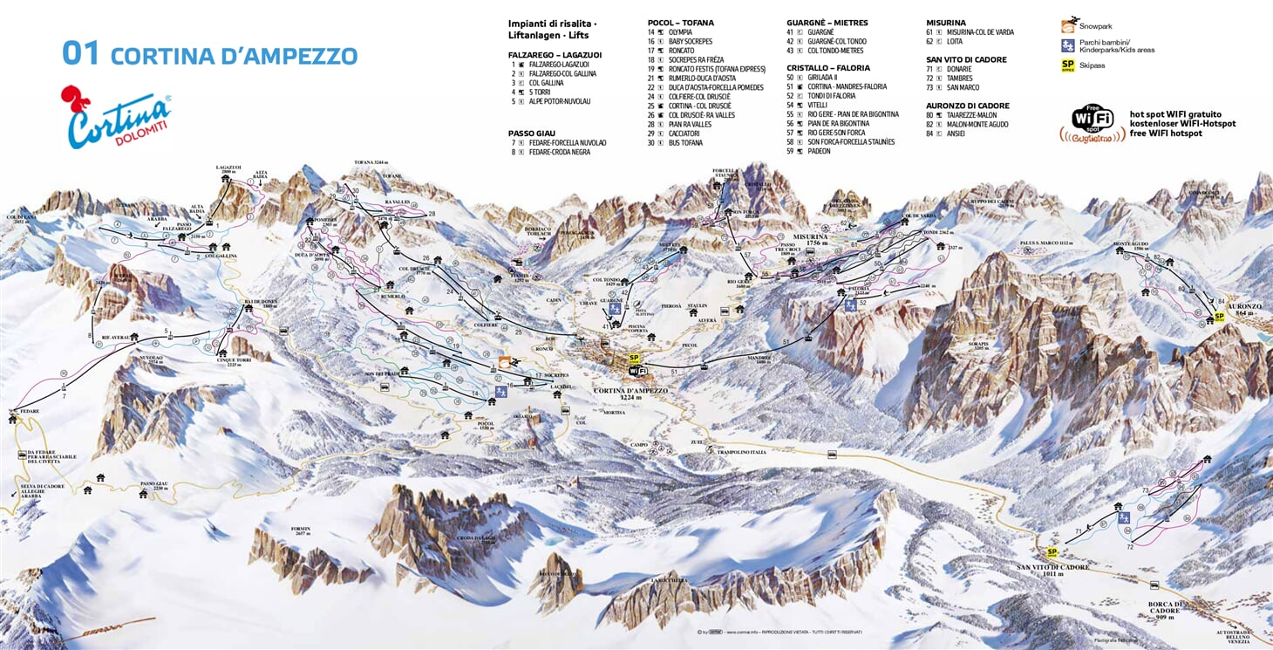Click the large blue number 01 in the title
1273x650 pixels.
pos(81,53)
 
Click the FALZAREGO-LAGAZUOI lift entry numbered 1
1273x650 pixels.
pos(558,64)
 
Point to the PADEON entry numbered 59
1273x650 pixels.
pos(820,151)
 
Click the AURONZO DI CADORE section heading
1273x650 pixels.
pos(967,106)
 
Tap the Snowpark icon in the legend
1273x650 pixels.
pos(1068,26)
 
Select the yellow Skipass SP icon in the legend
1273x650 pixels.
pos(1067,65)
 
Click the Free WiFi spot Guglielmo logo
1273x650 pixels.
pos(1092,123)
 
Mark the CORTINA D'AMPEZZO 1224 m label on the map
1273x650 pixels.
pos(630,393)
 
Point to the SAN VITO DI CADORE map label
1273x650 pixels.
pos(1052,570)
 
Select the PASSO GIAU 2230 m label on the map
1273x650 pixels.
pos(153,486)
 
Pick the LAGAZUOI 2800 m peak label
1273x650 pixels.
pos(228,169)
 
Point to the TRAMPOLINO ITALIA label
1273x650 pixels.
pos(741,452)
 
